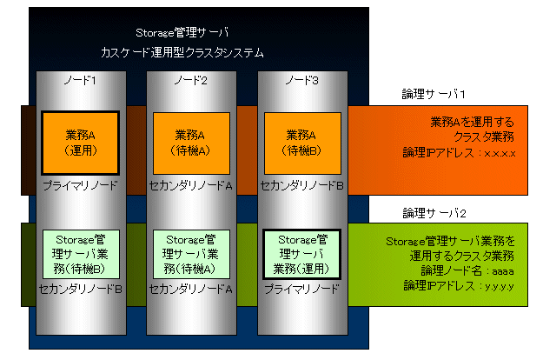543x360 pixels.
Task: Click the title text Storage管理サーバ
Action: click(182, 32)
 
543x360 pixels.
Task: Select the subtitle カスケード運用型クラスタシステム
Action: click(182, 53)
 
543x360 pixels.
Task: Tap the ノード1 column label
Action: click(80, 80)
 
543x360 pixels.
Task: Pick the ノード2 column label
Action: click(191, 80)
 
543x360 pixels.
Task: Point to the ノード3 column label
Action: click(302, 80)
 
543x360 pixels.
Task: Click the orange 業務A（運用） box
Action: click(80, 143)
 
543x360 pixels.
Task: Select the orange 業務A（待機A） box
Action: click(191, 143)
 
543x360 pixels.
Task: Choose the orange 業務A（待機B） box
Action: click(302, 143)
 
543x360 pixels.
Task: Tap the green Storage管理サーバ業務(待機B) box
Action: click(81, 254)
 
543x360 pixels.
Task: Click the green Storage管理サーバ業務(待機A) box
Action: click(191, 254)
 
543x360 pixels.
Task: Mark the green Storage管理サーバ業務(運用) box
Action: click(302, 254)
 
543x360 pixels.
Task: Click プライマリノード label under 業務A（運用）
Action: click(80, 186)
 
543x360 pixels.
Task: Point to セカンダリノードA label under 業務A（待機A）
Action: click(191, 186)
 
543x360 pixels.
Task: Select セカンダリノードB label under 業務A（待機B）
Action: click(301, 186)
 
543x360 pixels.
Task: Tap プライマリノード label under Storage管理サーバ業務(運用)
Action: click(301, 289)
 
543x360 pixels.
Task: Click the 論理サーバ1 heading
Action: click(434, 94)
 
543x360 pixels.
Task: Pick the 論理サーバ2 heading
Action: click(434, 213)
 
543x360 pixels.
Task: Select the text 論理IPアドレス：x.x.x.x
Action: click(460, 152)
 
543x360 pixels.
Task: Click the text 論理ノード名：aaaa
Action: click(467, 270)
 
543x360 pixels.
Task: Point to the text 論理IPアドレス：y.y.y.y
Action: click(459, 285)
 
